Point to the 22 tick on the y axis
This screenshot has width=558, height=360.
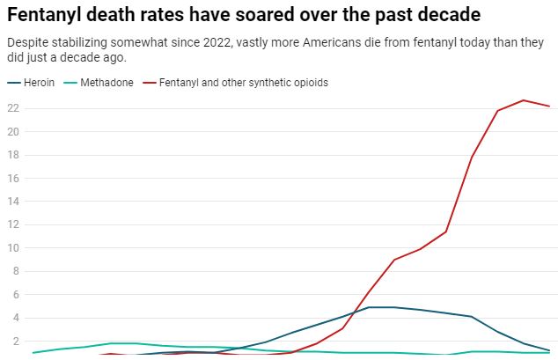coord(12,108)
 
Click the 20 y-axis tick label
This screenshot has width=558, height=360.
coord(12,131)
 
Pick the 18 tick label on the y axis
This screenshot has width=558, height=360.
coord(12,155)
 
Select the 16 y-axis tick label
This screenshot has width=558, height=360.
coord(12,178)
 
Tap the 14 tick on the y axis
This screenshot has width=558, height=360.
coord(12,202)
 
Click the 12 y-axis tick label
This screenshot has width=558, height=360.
coord(12,224)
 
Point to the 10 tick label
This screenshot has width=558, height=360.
coord(12,248)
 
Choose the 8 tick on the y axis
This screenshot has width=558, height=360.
coord(13,271)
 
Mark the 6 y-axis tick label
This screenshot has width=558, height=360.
coord(13,295)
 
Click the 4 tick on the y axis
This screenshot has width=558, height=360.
coord(13,318)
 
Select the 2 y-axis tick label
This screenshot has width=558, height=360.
coord(13,342)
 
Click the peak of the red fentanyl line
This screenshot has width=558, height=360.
coord(523,100)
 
